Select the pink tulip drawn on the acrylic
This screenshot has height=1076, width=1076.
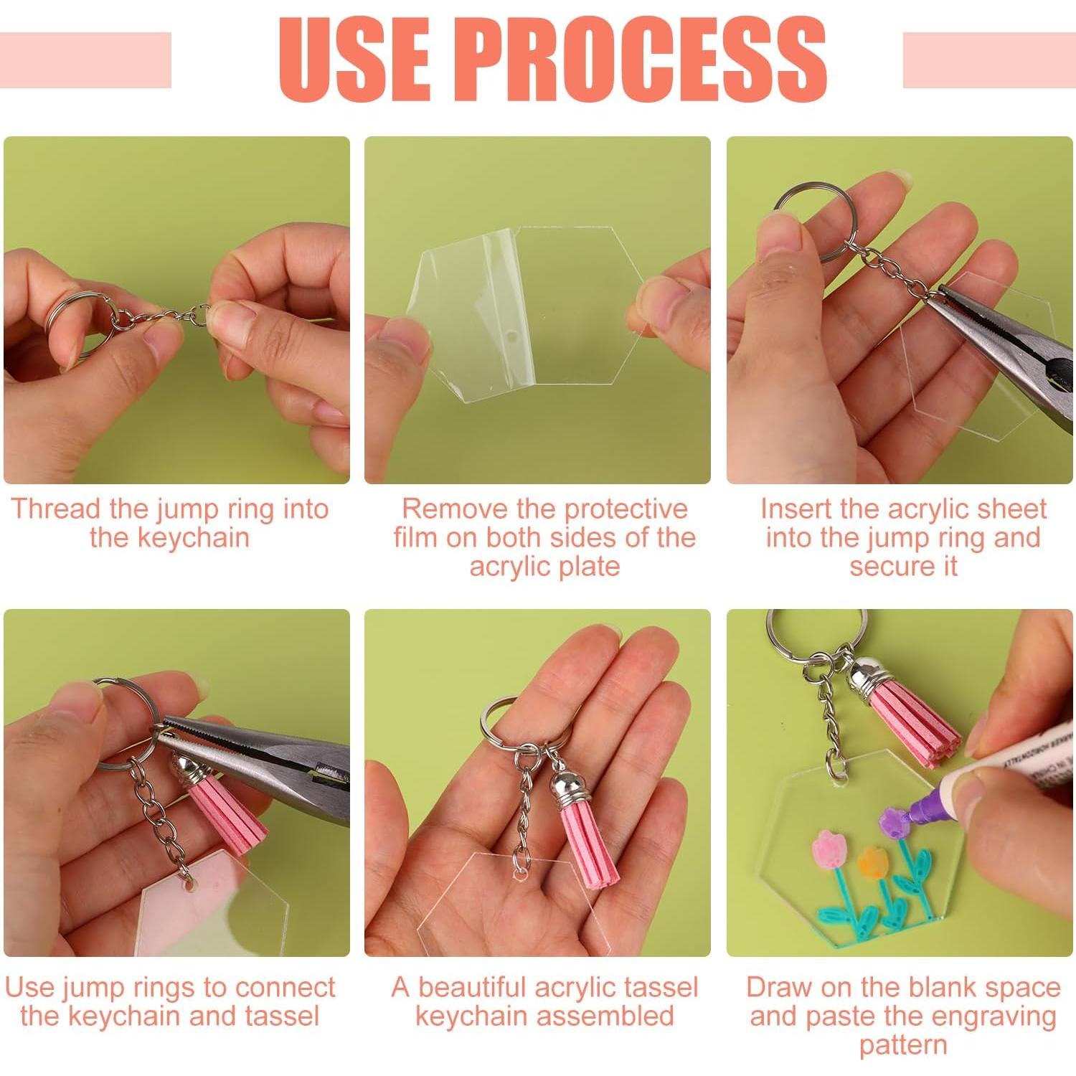pyautogui.click(x=830, y=853)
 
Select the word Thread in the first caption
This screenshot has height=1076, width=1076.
pyautogui.click(x=55, y=509)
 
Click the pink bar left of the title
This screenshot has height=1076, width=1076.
pyautogui.click(x=85, y=60)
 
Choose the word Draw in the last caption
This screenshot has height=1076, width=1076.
pyautogui.click(x=779, y=988)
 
